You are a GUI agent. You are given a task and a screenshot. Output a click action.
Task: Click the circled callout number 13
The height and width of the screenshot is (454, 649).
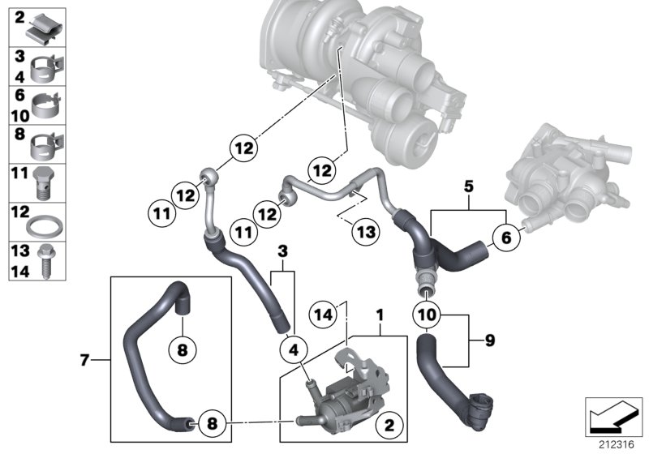click(366, 232)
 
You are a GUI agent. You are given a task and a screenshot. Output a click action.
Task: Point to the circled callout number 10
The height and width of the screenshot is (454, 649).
click(427, 312)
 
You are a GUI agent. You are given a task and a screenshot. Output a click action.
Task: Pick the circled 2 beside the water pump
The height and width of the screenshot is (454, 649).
click(389, 425)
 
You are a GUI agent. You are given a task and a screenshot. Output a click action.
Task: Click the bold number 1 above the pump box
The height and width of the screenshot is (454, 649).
click(378, 312)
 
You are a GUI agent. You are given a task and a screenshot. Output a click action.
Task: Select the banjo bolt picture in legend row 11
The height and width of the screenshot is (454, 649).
click(45, 184)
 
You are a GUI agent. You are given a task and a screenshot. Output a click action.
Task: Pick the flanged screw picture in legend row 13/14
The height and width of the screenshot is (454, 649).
click(46, 260)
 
